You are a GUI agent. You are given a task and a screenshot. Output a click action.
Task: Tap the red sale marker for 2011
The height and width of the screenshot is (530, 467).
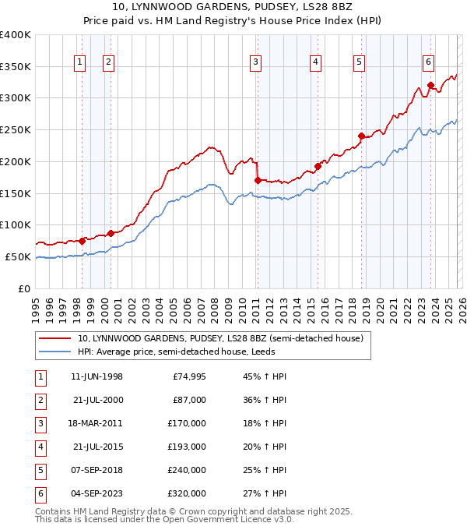258,180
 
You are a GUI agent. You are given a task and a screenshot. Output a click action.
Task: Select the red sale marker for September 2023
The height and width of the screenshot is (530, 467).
430,85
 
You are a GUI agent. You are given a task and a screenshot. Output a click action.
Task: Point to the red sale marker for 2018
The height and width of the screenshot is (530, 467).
361,136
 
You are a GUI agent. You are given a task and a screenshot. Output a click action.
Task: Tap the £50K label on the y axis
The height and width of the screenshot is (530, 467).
18,256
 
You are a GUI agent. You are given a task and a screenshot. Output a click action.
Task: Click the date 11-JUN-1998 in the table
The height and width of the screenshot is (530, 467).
97,377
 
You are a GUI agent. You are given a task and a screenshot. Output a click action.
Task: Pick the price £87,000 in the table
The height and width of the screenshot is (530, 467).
189,400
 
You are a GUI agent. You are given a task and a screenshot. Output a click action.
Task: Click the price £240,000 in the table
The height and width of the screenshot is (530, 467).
187,469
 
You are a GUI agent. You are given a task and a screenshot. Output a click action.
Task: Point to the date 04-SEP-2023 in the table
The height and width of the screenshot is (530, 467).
97,493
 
